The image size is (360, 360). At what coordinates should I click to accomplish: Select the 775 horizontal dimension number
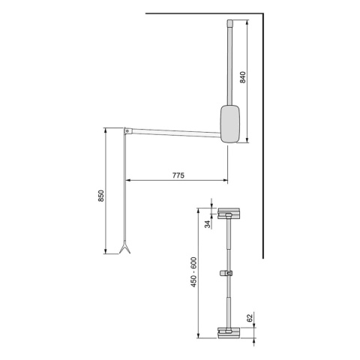(x=178, y=174)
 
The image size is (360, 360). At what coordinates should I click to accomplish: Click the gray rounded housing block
(x=232, y=122)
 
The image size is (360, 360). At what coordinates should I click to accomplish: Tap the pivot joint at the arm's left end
(x=129, y=131)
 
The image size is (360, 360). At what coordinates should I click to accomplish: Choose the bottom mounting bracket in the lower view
(x=227, y=332)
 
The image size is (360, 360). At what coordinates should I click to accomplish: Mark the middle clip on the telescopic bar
(x=225, y=274)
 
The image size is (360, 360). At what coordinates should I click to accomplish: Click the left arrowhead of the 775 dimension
(x=127, y=181)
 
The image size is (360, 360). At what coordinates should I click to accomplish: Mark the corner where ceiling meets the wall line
(x=262, y=13)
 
